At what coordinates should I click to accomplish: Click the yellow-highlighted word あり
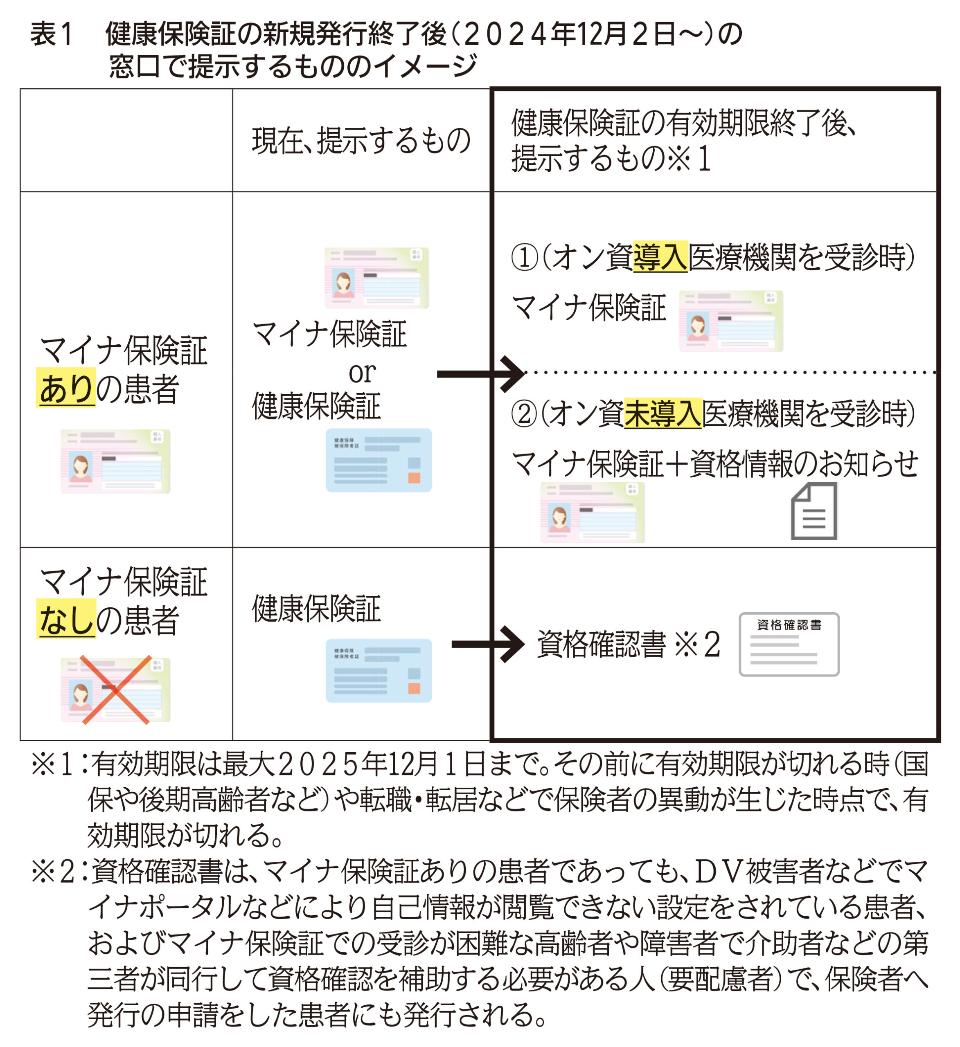[65, 387]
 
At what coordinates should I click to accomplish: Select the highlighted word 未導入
[663, 413]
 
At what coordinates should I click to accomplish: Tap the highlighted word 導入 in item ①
[660, 256]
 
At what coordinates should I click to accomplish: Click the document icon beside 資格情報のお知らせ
[814, 511]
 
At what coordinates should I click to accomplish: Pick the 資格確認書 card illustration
[789, 644]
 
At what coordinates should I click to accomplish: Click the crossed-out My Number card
[115, 690]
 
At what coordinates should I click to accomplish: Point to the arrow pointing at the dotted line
[481, 374]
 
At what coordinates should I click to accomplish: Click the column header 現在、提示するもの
[361, 140]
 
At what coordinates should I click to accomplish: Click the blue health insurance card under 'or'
[379, 460]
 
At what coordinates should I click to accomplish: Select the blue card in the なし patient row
[379, 670]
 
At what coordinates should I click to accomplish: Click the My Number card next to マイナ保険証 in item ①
[731, 321]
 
